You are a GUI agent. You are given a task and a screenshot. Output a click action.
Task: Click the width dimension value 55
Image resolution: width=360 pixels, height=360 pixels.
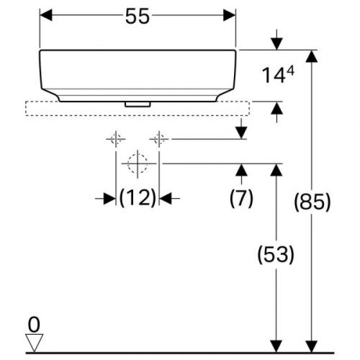pyautogui.click(x=138, y=16)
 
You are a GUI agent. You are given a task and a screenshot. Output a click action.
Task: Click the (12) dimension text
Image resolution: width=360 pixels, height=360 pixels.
pyautogui.click(x=138, y=197)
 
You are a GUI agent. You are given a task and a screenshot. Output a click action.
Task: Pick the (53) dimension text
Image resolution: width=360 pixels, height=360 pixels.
pyautogui.click(x=274, y=253)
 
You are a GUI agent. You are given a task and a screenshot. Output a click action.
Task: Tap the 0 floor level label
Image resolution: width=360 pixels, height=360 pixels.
pyautogui.click(x=32, y=323)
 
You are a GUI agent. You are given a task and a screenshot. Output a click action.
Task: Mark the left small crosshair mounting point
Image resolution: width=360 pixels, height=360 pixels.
pyautogui.click(x=115, y=138)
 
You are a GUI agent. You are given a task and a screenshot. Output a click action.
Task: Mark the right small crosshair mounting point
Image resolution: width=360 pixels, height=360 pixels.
pyautogui.click(x=159, y=138)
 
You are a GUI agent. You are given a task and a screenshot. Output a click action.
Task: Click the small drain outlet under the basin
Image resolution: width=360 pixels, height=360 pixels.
pyautogui.click(x=138, y=103)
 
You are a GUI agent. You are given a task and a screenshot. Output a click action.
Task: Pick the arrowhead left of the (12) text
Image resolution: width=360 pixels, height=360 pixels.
pyautogui.click(x=109, y=197)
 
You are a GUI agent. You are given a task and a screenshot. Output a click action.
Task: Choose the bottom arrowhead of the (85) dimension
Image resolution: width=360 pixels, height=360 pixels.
pyautogui.click(x=311, y=346)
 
